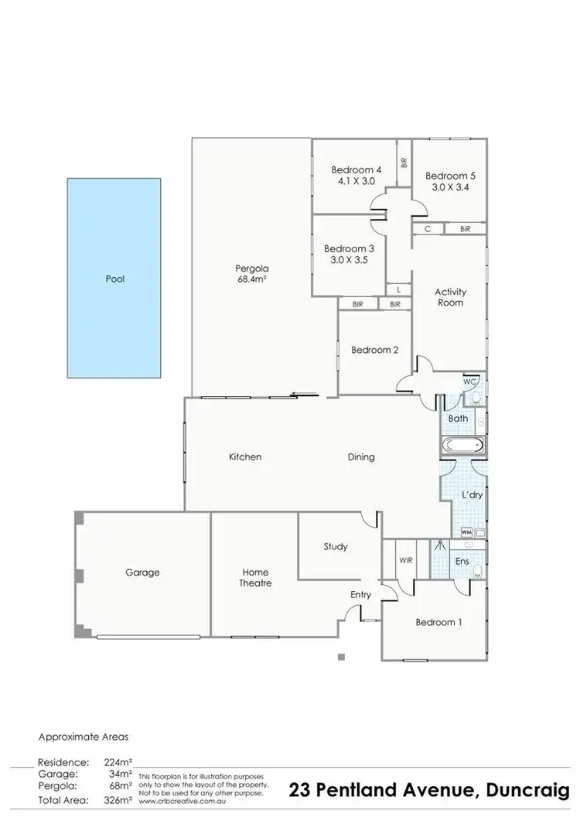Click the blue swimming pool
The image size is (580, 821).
click(x=114, y=279)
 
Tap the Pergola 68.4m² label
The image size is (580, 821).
click(x=251, y=275)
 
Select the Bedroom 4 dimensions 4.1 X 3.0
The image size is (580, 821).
click(x=357, y=181)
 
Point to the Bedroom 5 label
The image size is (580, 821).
click(x=451, y=176)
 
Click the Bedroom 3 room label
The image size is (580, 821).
click(x=349, y=248)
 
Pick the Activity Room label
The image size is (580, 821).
click(x=450, y=297)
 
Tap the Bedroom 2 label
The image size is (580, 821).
click(x=374, y=350)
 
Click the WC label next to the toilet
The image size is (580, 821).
click(x=469, y=382)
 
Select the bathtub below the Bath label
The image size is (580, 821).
click(x=462, y=446)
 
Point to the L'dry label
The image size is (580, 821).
click(x=473, y=494)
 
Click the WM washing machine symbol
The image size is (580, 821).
click(x=466, y=532)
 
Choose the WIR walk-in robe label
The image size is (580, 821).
click(x=404, y=559)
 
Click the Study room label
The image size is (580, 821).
click(x=335, y=546)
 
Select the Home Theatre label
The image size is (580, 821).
click(x=255, y=577)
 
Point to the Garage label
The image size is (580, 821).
click(x=142, y=573)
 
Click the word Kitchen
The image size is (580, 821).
click(x=244, y=457)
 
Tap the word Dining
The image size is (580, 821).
click(x=360, y=457)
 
